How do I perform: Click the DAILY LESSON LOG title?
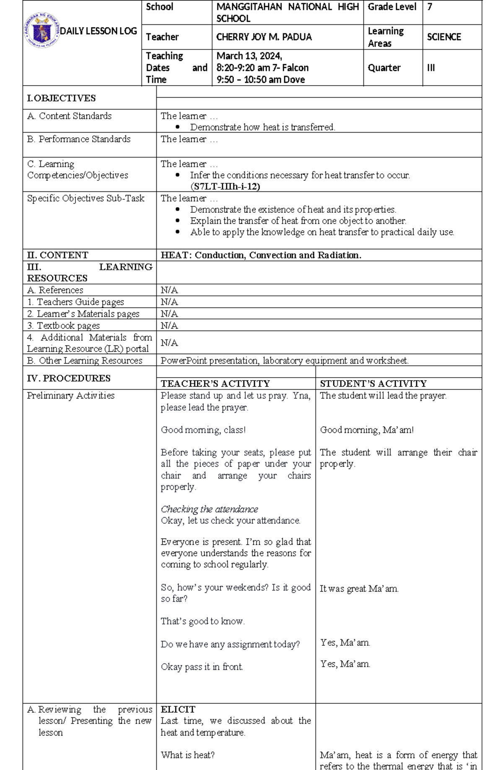click(x=99, y=31)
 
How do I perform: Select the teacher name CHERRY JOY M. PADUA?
click(x=264, y=37)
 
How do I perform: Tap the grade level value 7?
click(x=430, y=7)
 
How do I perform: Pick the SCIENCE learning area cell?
click(x=443, y=37)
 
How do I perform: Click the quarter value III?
click(x=431, y=68)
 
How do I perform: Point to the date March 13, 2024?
click(x=249, y=56)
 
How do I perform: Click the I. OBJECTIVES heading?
click(x=61, y=98)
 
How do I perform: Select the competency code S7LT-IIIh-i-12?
click(x=225, y=187)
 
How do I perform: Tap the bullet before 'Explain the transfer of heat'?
click(x=178, y=221)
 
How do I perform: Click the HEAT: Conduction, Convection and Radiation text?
click(x=261, y=255)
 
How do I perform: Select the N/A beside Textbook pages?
click(x=169, y=326)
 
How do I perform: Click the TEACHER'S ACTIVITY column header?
click(x=215, y=384)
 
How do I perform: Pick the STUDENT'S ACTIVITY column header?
click(x=373, y=384)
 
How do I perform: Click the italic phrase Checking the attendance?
click(x=209, y=509)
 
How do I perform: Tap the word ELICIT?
click(x=178, y=709)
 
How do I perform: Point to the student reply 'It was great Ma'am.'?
click(x=359, y=589)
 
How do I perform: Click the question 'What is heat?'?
click(x=187, y=755)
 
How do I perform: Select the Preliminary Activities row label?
click(x=70, y=396)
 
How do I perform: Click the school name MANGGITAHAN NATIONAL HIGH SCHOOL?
click(x=287, y=12)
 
